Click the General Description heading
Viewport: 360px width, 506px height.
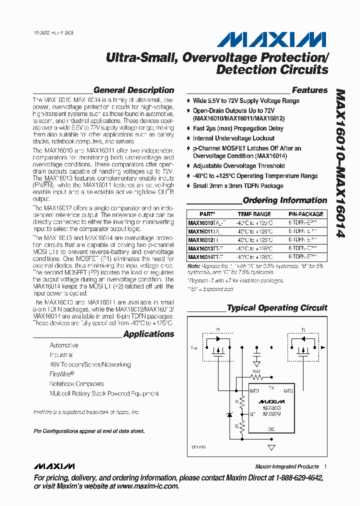pos(133,90)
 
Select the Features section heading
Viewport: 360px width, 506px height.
pos(309,90)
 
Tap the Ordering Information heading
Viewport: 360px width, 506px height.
pos(284,200)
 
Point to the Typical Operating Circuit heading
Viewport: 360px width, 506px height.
pos(277,308)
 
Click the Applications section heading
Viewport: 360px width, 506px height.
pos(148,334)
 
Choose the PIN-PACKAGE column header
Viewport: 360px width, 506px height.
pos(306,214)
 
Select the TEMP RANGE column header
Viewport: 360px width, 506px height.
pos(254,214)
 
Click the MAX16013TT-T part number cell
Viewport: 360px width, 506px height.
pos(205,248)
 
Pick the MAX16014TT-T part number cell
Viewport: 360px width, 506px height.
pos(205,257)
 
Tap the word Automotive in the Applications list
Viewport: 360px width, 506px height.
pos(64,345)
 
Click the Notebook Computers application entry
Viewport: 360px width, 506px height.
pos(76,384)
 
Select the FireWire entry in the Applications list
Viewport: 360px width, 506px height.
pos(61,374)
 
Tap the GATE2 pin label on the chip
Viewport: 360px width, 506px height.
pos(288,390)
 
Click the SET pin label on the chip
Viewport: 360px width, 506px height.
pos(253,414)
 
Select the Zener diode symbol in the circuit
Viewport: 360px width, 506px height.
pos(229,414)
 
